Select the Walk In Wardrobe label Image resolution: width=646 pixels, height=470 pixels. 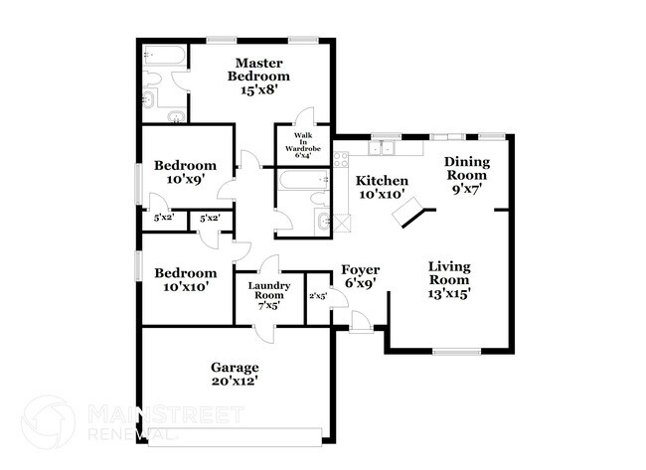point(301,144)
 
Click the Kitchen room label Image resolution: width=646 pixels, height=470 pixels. point(382,181)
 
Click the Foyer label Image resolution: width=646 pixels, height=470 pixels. point(359,269)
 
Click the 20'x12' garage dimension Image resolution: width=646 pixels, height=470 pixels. point(235,381)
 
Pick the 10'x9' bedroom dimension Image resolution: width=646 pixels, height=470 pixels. point(184,182)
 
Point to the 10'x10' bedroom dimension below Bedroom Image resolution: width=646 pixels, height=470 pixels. point(184,287)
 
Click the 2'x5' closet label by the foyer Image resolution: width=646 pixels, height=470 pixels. point(318,295)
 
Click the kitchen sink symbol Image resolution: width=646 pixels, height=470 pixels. point(384,150)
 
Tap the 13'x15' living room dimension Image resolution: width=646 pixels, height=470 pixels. point(449,293)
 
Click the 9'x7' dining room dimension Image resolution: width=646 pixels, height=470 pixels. point(465,190)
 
